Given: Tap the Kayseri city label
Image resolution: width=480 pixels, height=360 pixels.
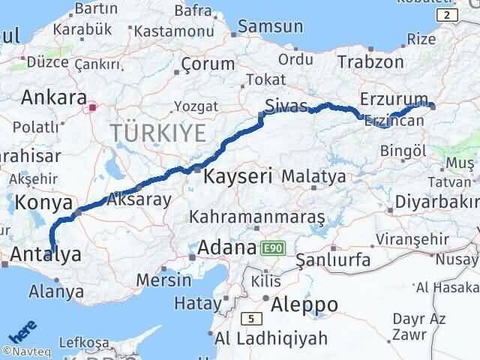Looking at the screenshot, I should click(238, 177).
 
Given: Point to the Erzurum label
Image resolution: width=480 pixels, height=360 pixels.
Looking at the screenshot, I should click(393, 99).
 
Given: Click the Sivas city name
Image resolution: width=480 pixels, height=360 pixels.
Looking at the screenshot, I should click(286, 106).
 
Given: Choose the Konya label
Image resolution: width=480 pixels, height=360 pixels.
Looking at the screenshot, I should click(46, 203).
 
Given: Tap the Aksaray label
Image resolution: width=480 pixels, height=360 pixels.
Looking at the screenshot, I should click(139, 199).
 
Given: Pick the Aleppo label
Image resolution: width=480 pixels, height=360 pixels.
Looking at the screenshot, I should click(304, 304).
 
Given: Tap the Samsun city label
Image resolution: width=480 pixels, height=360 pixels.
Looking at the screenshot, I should click(271, 27).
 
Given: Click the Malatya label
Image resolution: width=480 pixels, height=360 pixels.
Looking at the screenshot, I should click(313, 177).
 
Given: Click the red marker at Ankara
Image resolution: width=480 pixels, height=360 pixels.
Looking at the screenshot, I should click(91, 107).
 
